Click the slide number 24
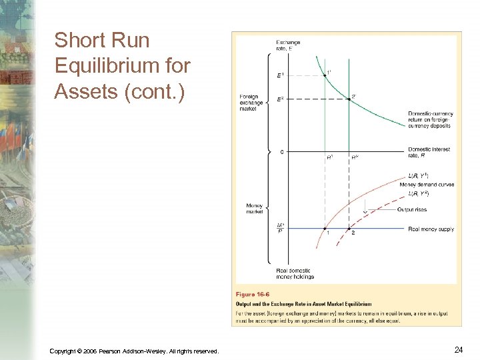(458, 349)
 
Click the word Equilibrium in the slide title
(122, 66)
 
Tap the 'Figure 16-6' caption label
(253, 294)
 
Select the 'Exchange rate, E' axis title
(287, 45)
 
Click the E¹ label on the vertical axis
(281, 76)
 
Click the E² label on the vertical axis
(281, 100)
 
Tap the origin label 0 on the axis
(282, 152)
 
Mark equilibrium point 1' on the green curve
(325, 75)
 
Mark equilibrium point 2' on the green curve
(349, 99)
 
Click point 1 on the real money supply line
(325, 229)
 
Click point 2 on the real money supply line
(349, 229)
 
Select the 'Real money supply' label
(431, 229)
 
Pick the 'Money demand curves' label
(431, 184)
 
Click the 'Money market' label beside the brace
(254, 209)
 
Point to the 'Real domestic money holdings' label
(295, 273)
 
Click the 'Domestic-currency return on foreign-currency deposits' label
(429, 119)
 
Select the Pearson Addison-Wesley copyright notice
(133, 351)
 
